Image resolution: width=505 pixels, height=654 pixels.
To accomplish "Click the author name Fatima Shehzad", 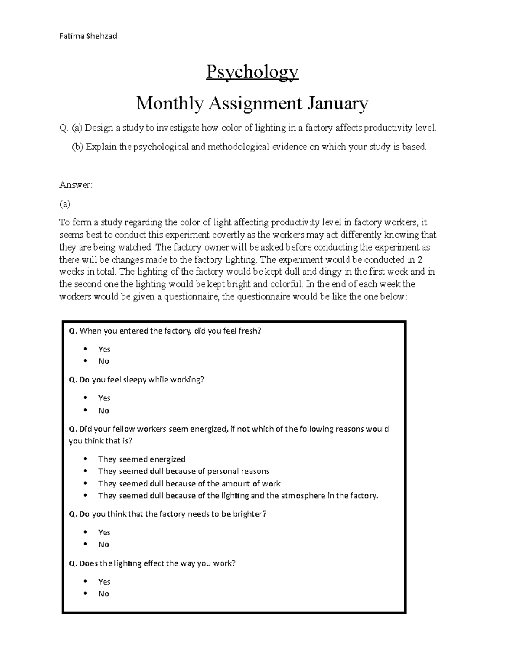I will (88, 36).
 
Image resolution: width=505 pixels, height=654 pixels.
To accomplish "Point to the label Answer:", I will (76, 184).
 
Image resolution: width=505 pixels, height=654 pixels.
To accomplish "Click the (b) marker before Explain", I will (78, 147).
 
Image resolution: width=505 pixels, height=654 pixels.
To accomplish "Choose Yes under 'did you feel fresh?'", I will (104, 349).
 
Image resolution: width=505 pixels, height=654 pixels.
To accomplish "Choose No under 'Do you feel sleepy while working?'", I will (104, 411).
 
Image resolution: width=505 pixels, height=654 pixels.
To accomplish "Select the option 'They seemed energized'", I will (141, 459).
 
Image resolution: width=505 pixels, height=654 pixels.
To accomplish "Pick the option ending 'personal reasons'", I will (183, 471).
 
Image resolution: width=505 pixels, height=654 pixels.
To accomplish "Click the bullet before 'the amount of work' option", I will (86, 483).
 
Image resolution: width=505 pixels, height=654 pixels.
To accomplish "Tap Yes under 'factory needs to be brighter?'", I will (104, 532).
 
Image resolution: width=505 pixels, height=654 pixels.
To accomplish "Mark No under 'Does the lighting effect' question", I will (104, 594).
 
